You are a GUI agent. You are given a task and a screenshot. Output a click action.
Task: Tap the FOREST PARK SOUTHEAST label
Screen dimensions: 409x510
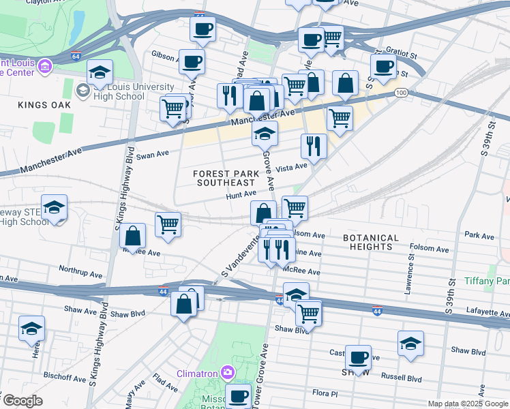coord(225,178)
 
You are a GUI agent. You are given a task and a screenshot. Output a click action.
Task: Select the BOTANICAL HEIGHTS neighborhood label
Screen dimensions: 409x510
coord(371,242)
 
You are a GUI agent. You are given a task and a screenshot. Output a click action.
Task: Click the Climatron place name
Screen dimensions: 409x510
coord(197,373)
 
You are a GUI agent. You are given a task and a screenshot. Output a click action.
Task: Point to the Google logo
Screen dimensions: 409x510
coord(22,400)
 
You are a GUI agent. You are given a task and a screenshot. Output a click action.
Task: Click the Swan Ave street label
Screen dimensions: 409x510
coord(152,155)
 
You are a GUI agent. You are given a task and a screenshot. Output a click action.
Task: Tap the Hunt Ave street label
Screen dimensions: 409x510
coord(241,194)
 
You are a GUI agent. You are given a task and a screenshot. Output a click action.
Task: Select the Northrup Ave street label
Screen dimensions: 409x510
coord(80,269)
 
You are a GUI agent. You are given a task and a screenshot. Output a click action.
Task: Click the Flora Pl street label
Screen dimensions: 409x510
coord(325,393)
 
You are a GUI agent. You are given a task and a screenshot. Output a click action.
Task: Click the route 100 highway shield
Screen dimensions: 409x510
coord(402,92)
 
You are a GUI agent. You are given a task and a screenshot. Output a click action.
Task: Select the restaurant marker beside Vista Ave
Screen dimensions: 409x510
coord(314,145)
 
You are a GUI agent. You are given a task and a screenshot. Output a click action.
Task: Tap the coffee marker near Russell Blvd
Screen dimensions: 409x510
coord(358,357)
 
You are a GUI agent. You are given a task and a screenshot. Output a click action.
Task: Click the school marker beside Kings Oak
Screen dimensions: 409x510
coord(100,73)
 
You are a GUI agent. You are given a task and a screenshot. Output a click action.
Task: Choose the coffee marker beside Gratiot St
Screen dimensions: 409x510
coord(384,65)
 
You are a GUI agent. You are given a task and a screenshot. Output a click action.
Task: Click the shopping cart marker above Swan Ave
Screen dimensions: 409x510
coord(173,107)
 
